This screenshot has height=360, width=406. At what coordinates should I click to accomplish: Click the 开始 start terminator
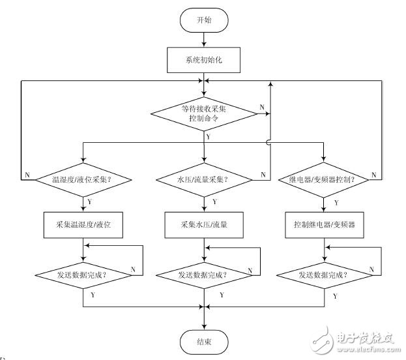click(204, 20)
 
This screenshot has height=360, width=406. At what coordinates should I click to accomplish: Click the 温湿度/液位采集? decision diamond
click(84, 178)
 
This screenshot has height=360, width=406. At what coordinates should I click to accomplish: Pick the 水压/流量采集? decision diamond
click(204, 178)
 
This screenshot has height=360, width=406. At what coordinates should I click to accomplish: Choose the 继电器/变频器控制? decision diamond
click(324, 178)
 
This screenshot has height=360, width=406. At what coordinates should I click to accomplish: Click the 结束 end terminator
click(204, 340)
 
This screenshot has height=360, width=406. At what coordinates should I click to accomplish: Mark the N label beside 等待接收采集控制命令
click(261, 106)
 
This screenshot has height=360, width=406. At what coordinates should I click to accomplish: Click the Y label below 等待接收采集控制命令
click(208, 136)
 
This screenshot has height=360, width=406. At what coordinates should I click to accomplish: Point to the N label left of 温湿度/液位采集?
click(27, 174)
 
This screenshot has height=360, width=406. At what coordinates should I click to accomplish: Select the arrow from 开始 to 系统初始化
click(204, 38)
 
